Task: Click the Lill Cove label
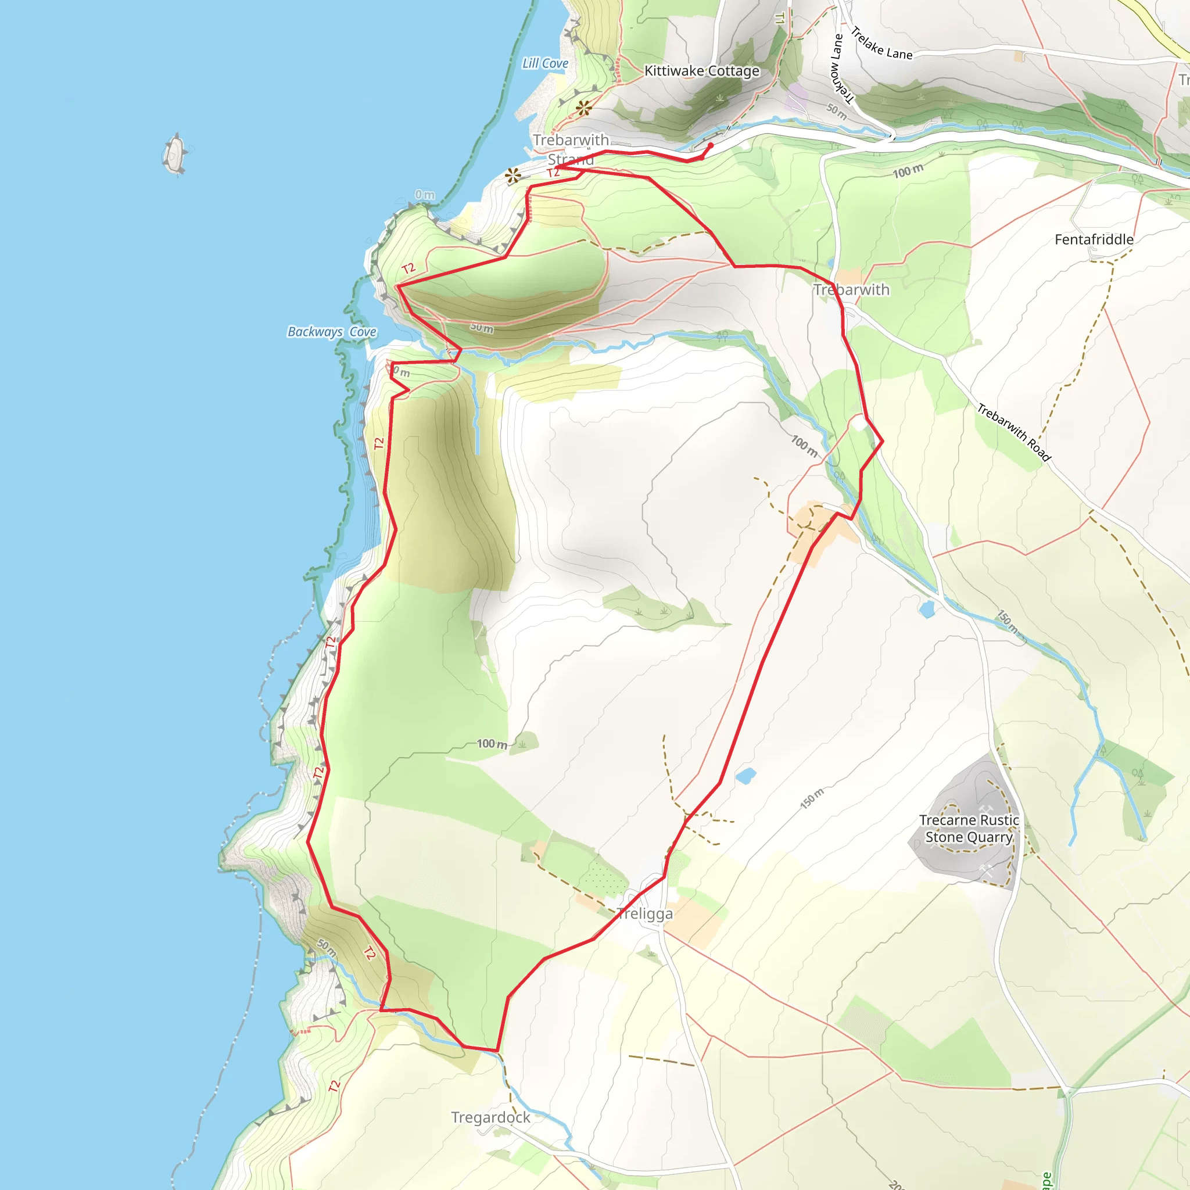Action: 545,63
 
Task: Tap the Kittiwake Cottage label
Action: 701,71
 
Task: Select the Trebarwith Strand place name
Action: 571,149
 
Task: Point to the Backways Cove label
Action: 332,332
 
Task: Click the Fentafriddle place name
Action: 1094,239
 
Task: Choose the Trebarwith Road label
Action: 1014,432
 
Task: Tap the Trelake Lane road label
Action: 881,43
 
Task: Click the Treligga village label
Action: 645,914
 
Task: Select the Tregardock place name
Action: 490,1117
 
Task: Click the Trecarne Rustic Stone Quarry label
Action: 969,829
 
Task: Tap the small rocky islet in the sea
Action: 175,153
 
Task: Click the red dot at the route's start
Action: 710,145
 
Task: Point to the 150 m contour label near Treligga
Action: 812,798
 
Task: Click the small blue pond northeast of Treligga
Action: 745,776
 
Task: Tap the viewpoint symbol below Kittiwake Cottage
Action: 583,109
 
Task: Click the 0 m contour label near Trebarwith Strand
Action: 424,195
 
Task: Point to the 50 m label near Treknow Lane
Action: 837,112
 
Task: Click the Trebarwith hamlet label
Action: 851,289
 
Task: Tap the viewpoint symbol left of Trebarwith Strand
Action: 512,176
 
